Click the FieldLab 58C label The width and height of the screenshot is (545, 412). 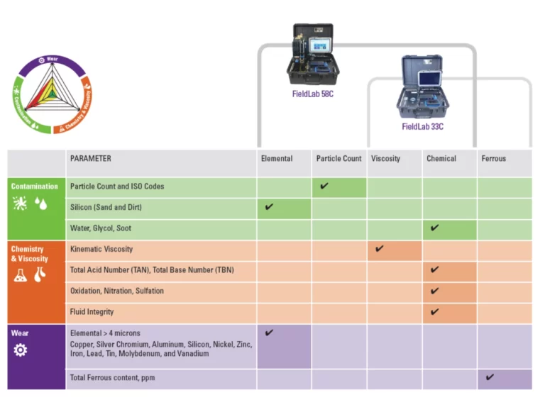(x=312, y=94)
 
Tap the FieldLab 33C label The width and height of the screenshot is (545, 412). (x=422, y=127)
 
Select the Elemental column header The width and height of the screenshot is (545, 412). (x=277, y=159)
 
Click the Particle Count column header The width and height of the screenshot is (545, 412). (x=338, y=159)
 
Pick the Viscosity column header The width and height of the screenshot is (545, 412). (x=385, y=159)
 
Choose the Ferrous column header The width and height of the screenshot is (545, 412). (x=493, y=159)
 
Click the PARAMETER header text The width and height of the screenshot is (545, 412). (x=91, y=159)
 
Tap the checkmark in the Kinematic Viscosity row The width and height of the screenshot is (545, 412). (x=380, y=249)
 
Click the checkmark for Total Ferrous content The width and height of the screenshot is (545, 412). (x=490, y=377)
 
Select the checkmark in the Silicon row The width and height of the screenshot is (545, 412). (x=269, y=207)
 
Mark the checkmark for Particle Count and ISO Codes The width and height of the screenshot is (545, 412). (x=324, y=186)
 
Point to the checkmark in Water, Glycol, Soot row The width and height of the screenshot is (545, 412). (x=434, y=228)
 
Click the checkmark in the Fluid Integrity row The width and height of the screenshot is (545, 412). (x=434, y=311)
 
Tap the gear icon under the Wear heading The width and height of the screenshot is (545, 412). (x=20, y=350)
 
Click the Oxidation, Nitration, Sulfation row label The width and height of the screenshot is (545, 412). (x=117, y=291)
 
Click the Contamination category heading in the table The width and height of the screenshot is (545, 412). (x=35, y=186)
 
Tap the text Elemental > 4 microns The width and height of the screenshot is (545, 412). (x=104, y=333)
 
